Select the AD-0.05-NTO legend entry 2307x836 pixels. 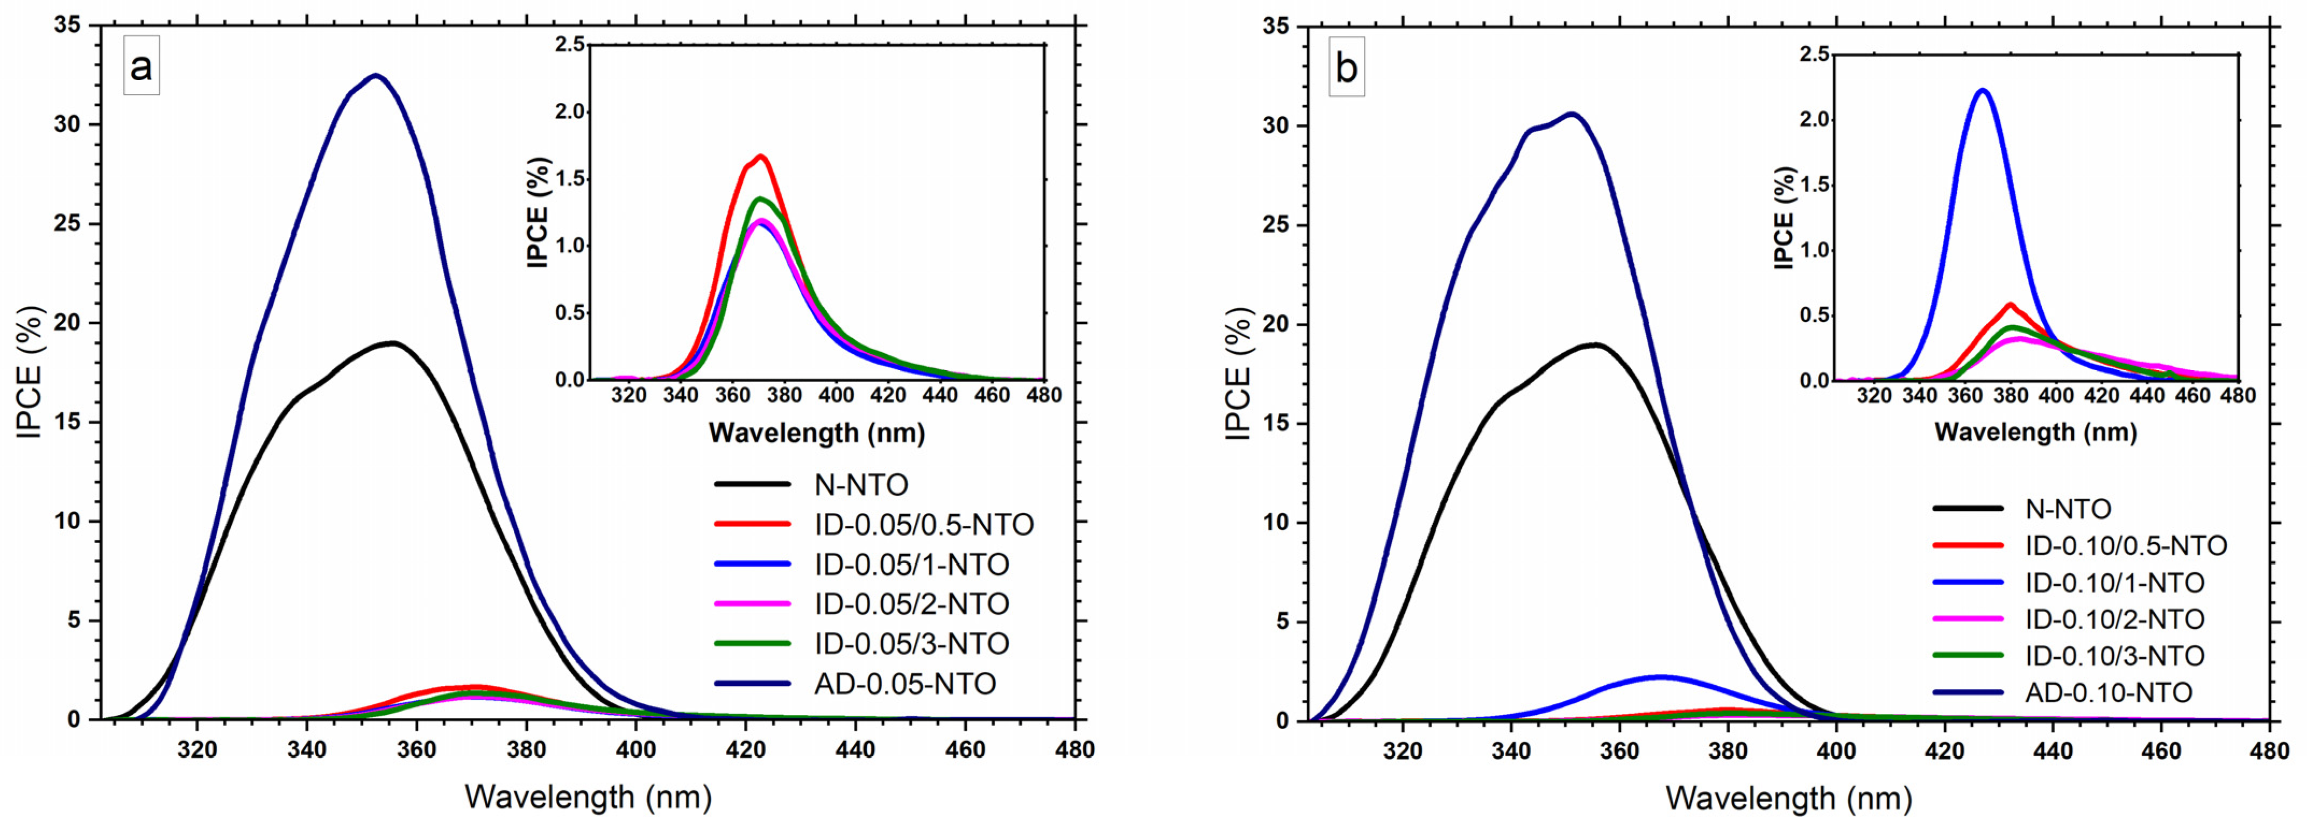904,684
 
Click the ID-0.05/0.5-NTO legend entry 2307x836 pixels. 923,524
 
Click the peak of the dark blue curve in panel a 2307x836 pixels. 376,75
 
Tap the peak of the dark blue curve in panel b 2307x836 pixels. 1572,114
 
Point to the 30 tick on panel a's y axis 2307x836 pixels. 66,124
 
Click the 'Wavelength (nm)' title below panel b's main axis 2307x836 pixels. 1788,797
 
